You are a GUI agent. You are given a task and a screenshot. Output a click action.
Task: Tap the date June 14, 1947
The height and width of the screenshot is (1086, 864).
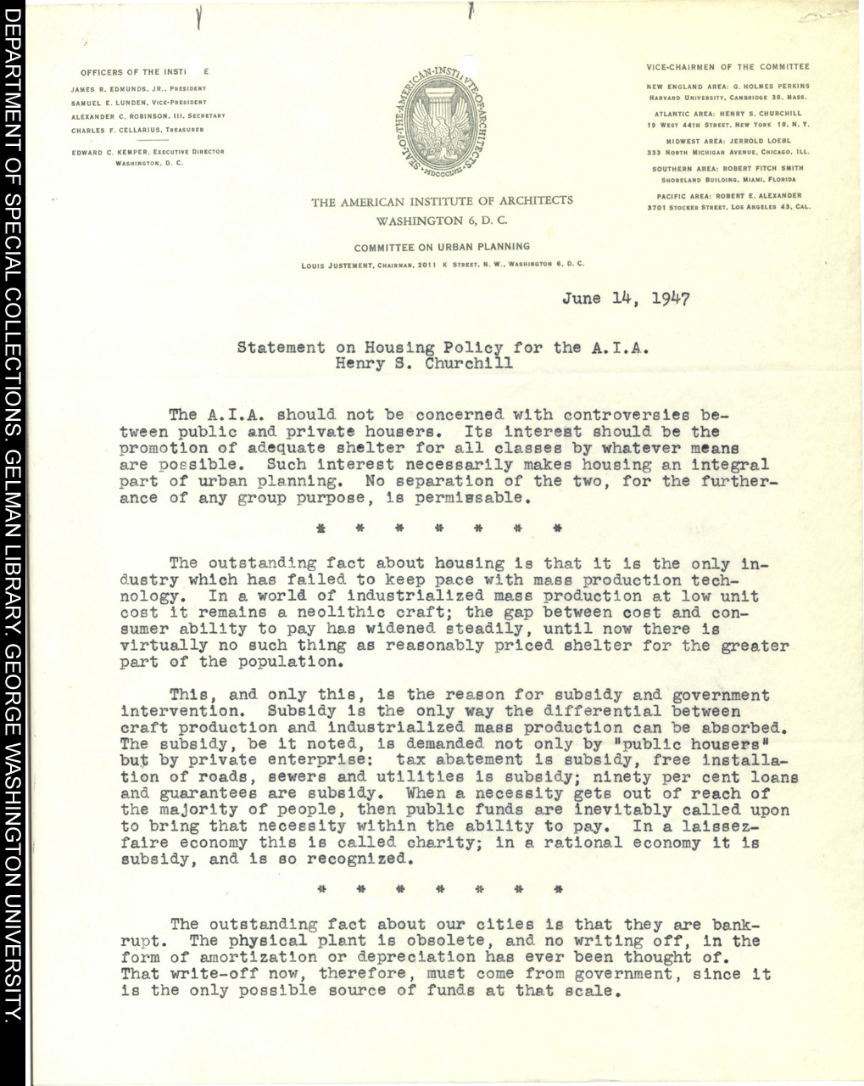click(626, 299)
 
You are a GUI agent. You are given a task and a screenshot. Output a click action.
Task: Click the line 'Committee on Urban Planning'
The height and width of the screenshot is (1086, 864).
click(442, 247)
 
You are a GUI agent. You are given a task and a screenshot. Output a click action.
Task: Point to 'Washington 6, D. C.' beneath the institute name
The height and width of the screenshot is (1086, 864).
click(442, 220)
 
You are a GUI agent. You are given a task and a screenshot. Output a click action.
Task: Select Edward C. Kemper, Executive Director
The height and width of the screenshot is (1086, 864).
click(148, 152)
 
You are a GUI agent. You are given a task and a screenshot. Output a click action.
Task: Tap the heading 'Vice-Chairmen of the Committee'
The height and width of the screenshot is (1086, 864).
click(727, 67)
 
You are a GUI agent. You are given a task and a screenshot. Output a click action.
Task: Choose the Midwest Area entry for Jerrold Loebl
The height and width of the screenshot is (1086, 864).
click(727, 142)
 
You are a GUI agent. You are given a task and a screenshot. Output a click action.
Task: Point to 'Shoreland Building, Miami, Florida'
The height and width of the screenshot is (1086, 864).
click(728, 180)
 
